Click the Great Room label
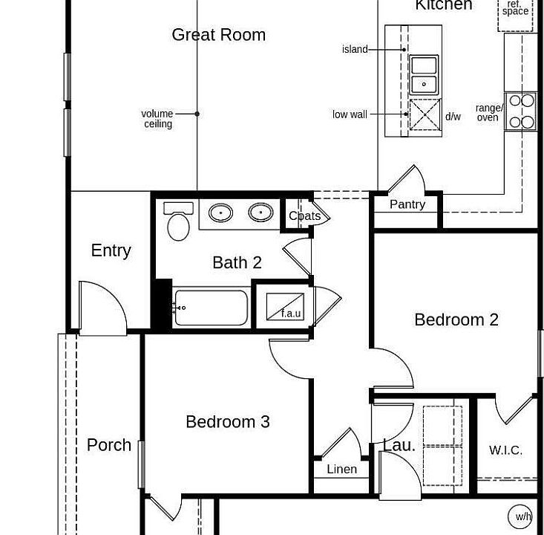point(218,35)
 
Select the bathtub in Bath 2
point(211,308)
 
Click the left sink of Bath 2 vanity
point(220,213)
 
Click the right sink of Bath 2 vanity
point(260,213)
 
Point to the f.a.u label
point(291,313)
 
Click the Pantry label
point(407,204)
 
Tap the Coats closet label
point(304,216)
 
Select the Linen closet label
point(341,469)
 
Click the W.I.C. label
point(505,450)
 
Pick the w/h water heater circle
point(522,516)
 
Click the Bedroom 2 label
point(456,320)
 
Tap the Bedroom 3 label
point(227,422)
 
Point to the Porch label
point(109,445)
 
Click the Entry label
point(111,250)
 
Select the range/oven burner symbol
point(520,111)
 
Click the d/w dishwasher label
point(453,117)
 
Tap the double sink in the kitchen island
point(424,74)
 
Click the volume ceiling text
point(157,119)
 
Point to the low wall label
point(350,114)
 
